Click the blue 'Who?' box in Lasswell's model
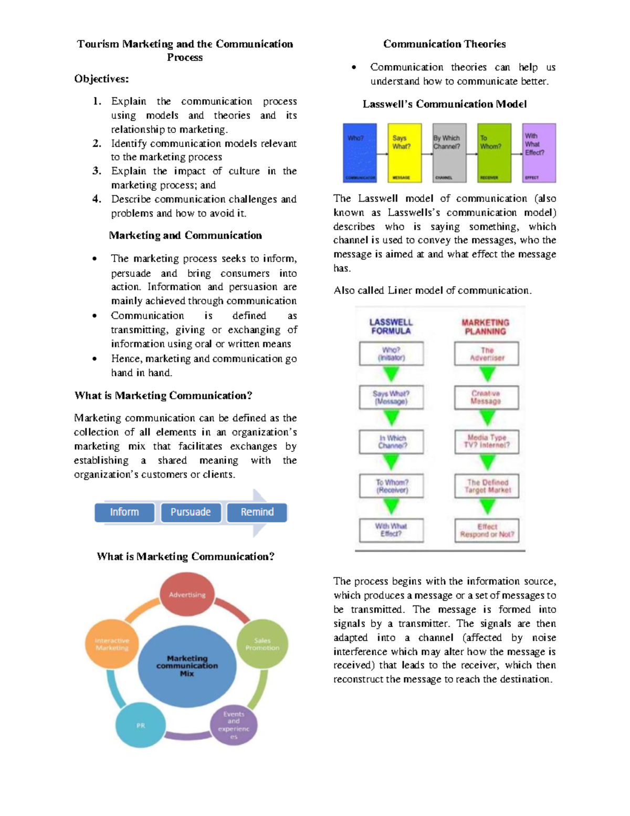[360, 153]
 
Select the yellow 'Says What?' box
[404, 153]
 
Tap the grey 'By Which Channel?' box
[449, 153]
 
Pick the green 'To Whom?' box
[494, 153]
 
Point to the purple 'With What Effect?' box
[539, 153]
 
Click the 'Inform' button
[124, 512]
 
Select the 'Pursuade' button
[191, 512]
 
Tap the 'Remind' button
[257, 512]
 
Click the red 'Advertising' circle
[187, 594]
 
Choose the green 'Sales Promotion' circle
[262, 644]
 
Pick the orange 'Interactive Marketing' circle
[112, 644]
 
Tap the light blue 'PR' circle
[140, 725]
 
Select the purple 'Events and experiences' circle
[234, 725]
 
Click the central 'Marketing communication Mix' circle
[187, 665]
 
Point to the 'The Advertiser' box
[487, 354]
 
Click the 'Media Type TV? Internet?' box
[487, 441]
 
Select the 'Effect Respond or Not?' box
[487, 530]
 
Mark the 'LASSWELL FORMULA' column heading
[391, 326]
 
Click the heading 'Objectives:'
[101, 79]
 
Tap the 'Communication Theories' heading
[444, 44]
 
